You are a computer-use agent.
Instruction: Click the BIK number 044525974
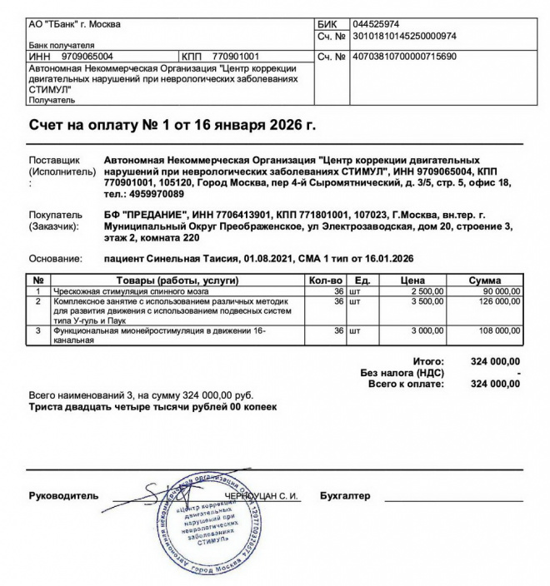[377, 24]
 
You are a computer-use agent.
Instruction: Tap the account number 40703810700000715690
[405, 56]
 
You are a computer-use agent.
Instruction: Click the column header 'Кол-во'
[325, 281]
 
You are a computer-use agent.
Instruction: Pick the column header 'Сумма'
[484, 281]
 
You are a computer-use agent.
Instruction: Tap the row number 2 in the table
[37, 301]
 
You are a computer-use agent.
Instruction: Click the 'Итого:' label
[452, 361]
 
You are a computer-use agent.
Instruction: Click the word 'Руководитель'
[63, 496]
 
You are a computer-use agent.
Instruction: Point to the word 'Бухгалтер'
[345, 496]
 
